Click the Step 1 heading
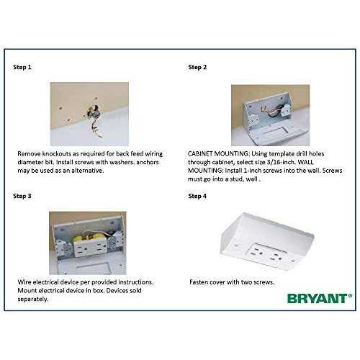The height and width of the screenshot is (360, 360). pos(22,67)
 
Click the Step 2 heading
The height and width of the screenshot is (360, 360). pos(197,67)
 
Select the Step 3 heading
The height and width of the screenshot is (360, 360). pos(22,195)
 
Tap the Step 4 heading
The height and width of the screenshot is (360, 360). pos(197,195)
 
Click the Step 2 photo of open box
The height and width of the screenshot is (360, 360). pos(265,115)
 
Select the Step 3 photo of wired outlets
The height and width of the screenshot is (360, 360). pos(87,243)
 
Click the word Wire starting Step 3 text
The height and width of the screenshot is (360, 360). pos(24,282)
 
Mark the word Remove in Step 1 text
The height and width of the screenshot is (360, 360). pos(30,153)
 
